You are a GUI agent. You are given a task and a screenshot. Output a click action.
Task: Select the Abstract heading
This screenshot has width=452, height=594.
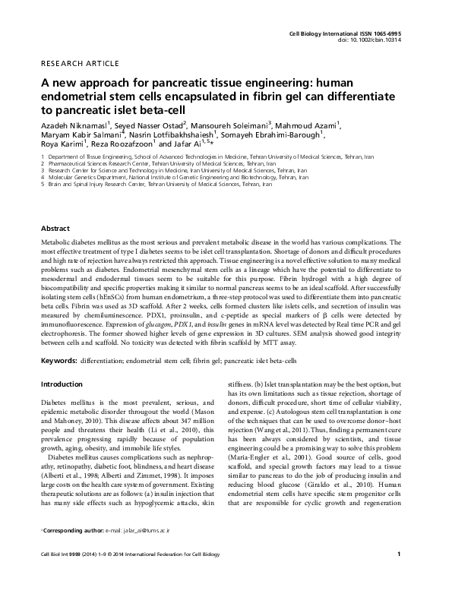click(55, 228)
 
